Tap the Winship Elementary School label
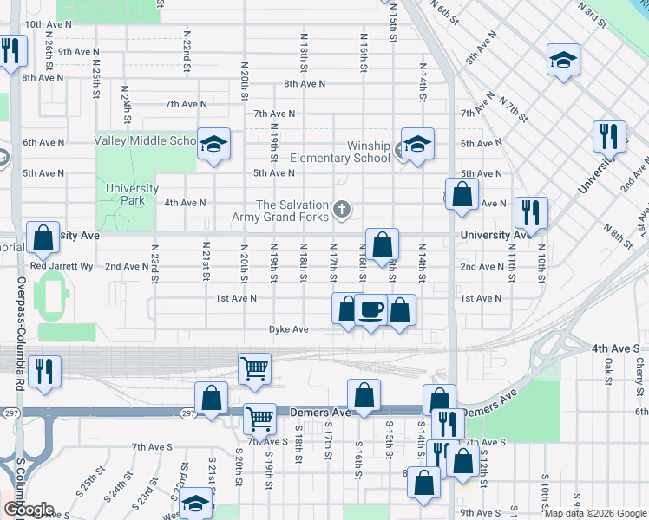click(x=340, y=152)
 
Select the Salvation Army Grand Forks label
click(x=282, y=210)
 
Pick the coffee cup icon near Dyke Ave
click(x=370, y=309)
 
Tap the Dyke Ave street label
click(x=288, y=329)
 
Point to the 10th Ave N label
click(x=48, y=25)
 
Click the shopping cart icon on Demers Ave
click(x=259, y=419)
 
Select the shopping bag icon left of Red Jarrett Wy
click(x=43, y=237)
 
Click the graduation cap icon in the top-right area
click(x=563, y=60)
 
